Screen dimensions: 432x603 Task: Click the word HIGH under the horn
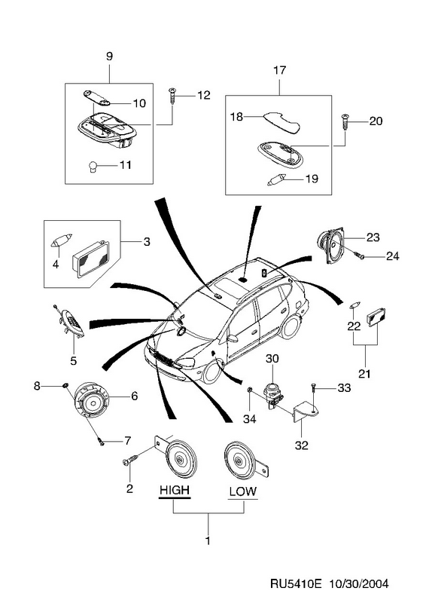pyautogui.click(x=175, y=490)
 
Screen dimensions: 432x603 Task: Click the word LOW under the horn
pyautogui.click(x=242, y=491)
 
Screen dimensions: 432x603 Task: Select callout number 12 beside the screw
pyautogui.click(x=203, y=95)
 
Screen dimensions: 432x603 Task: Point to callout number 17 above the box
pyautogui.click(x=279, y=70)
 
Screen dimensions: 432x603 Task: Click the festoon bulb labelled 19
pyautogui.click(x=276, y=179)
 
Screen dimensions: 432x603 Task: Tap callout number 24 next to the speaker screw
pyautogui.click(x=392, y=256)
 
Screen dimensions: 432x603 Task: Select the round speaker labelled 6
pyautogui.click(x=91, y=402)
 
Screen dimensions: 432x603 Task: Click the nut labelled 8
pyautogui.click(x=65, y=385)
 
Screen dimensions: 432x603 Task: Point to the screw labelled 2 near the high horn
pyautogui.click(x=131, y=460)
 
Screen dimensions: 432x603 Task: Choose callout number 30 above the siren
pyautogui.click(x=272, y=359)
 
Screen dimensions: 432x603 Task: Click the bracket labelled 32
pyautogui.click(x=306, y=412)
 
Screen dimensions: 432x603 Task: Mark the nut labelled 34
pyautogui.click(x=249, y=390)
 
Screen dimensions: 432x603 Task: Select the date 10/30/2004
pyautogui.click(x=359, y=583)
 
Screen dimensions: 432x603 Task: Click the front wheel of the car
pyautogui.click(x=212, y=372)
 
